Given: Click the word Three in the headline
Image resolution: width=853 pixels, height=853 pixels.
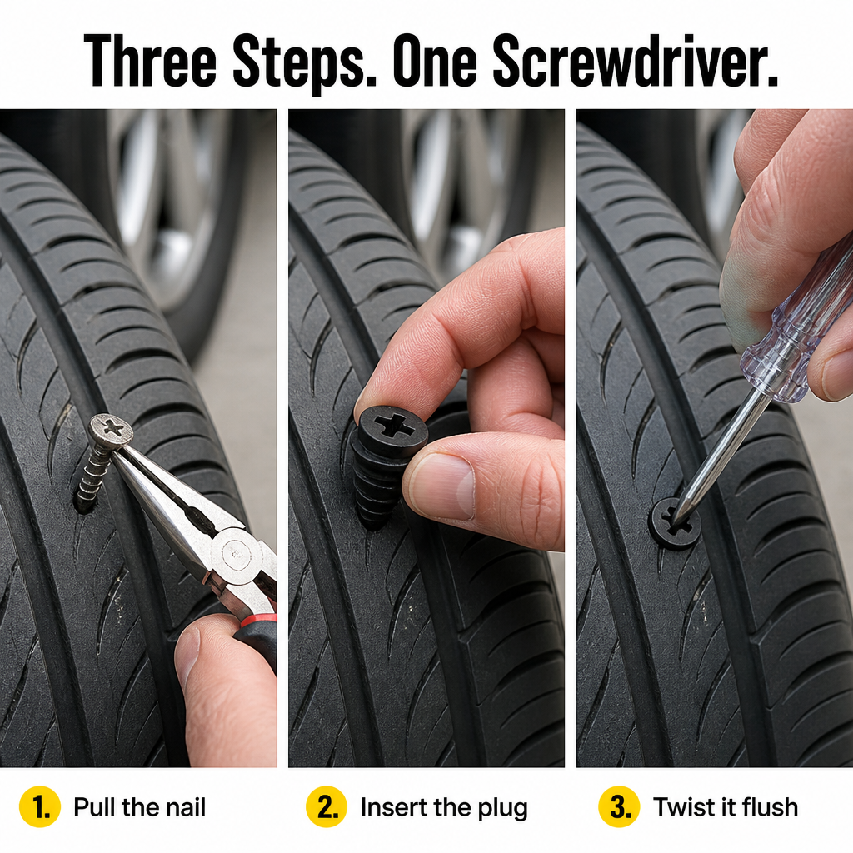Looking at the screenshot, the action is click(151, 60).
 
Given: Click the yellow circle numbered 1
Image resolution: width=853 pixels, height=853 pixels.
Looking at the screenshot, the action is click(40, 806).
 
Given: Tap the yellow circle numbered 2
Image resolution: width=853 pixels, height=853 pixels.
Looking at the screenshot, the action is click(327, 806).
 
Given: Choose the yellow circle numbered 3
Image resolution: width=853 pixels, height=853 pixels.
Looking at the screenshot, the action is click(619, 806).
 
